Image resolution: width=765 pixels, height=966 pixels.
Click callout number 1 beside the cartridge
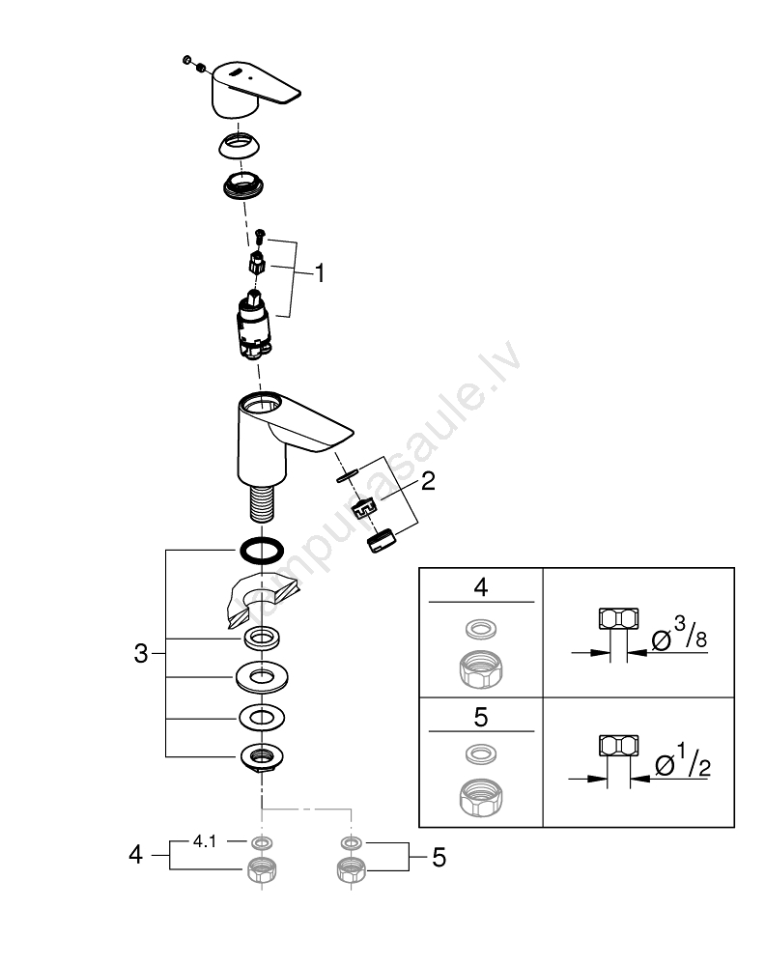pos(319,273)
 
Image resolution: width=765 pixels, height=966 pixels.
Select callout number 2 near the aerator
pos(427,480)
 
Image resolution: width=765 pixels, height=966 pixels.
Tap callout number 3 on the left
pos(141,654)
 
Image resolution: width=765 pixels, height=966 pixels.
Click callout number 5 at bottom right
pos(439,856)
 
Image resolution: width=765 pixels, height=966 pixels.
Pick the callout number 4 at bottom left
pos(136,855)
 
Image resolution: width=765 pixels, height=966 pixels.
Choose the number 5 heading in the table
pos(480,718)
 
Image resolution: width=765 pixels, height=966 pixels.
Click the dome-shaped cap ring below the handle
pos(241,146)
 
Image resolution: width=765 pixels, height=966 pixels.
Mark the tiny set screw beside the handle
pos(188,63)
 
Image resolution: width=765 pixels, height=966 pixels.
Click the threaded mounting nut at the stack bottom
pos(261,757)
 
